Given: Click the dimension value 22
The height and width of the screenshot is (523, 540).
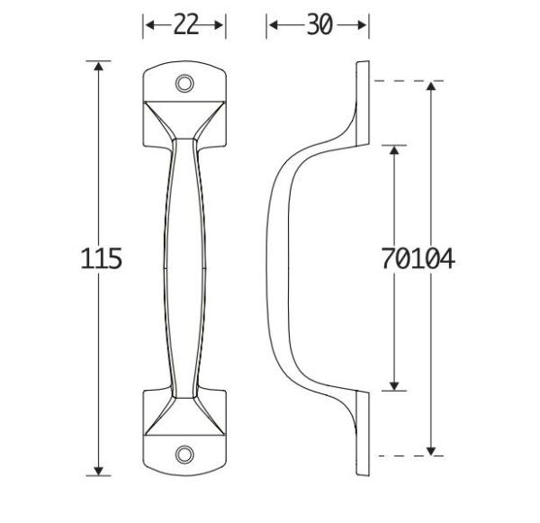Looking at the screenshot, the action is tap(186, 24).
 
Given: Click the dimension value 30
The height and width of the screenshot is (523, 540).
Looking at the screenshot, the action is tap(319, 24).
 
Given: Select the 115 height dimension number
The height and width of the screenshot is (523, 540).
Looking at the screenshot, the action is tap(101, 258).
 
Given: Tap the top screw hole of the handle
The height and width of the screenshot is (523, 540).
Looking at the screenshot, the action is tap(184, 84).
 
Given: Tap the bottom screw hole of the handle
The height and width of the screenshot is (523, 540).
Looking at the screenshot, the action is tap(184, 455).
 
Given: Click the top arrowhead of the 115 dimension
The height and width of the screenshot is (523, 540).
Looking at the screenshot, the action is tap(99, 66).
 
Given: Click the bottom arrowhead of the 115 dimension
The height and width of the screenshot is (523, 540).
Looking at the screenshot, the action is tap(99, 471).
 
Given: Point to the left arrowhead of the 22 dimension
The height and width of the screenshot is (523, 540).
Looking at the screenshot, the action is tap(150, 25).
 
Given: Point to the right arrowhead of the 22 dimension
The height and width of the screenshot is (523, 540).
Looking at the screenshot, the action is tap(219, 25).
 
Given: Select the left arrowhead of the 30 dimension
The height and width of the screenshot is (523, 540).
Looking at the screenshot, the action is tap(274, 25).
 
